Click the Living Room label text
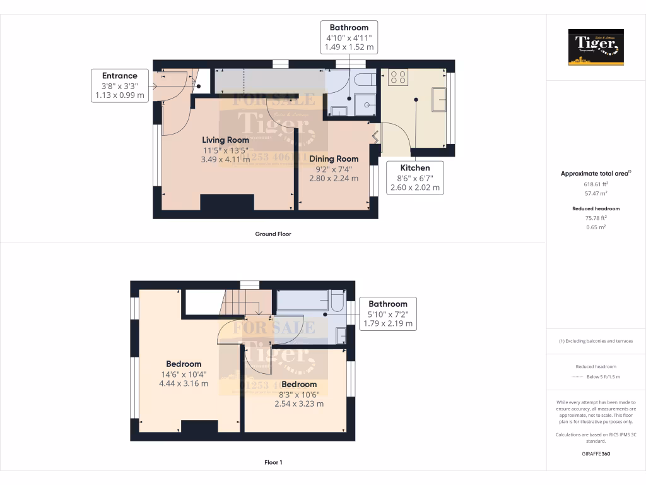pyautogui.click(x=225, y=140)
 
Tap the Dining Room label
pyautogui.click(x=334, y=159)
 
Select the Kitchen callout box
pyautogui.click(x=415, y=177)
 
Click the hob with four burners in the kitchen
pyautogui.click(x=398, y=77)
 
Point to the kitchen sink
pyautogui.click(x=438, y=99)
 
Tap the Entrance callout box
pyautogui.click(x=120, y=86)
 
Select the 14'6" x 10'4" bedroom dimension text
pyautogui.click(x=184, y=374)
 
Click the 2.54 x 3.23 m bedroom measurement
pyautogui.click(x=299, y=404)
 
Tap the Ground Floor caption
pyautogui.click(x=273, y=234)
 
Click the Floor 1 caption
pyautogui.click(x=273, y=462)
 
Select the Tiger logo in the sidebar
pyautogui.click(x=596, y=47)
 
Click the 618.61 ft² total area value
pyautogui.click(x=596, y=184)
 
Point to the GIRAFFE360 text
pyautogui.click(x=596, y=453)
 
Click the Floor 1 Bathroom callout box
pyautogui.click(x=388, y=313)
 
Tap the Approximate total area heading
pyautogui.click(x=596, y=173)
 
